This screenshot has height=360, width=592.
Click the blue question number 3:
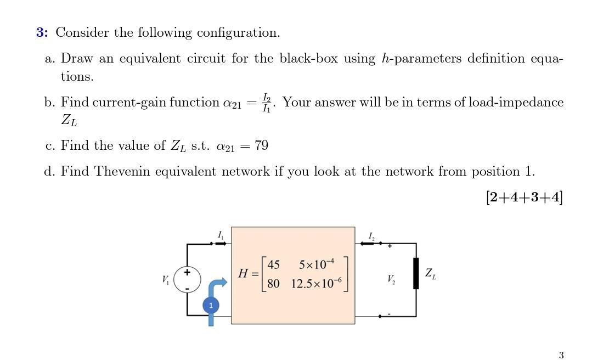pos(42,33)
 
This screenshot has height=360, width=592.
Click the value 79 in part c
pos(261,145)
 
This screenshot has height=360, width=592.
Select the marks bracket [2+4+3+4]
pos(524,197)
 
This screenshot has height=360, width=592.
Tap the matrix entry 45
pos(273,265)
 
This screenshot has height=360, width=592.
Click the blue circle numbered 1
pos(211,305)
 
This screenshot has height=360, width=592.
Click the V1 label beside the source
pos(166,280)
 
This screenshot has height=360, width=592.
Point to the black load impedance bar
pos(416,280)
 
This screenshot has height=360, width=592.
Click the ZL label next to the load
pos(431,274)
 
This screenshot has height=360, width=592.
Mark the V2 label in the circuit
pos(390,280)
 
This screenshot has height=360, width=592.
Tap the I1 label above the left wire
pos(221,235)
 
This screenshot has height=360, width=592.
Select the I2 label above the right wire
pos(372,236)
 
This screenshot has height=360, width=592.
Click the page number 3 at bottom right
pos(561,355)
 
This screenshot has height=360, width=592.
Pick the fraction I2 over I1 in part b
pos(267,103)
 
